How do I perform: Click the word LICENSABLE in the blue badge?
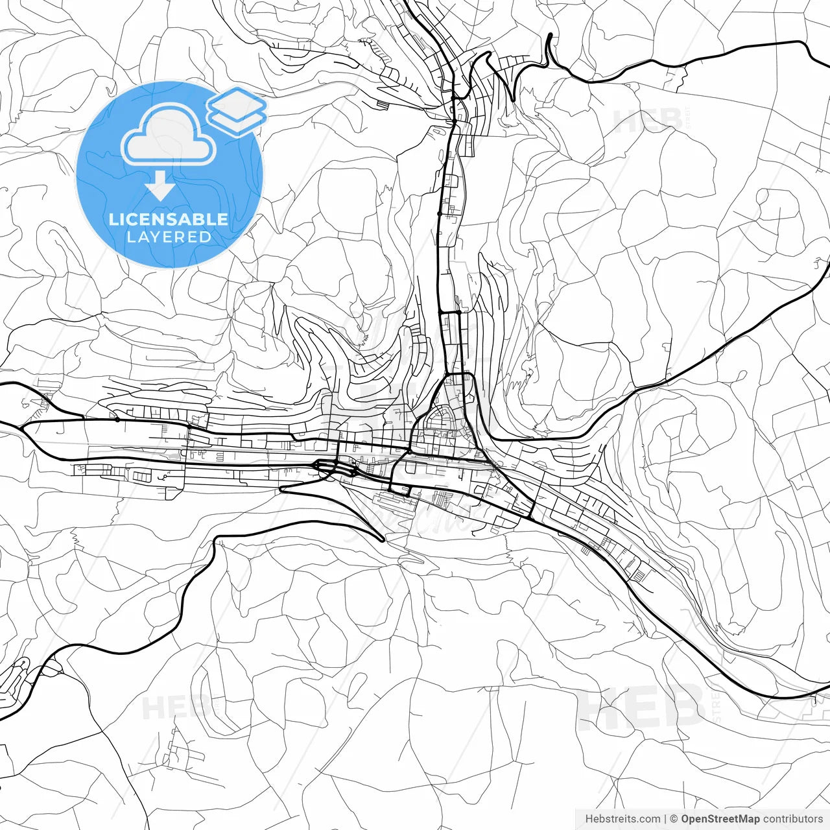point(169,219)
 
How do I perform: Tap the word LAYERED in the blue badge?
point(169,237)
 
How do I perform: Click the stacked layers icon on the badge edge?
point(237,110)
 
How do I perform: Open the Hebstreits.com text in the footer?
point(622,819)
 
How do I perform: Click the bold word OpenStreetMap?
point(720,819)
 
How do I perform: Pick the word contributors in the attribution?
point(793,819)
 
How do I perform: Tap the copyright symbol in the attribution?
point(674,819)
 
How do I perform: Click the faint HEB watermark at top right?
point(648,121)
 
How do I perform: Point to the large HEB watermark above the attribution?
point(642,707)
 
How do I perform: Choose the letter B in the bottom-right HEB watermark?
point(685,707)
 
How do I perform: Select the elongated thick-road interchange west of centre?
point(335,467)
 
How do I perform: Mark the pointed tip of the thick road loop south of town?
point(383,538)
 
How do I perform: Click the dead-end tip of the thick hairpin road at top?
point(550,34)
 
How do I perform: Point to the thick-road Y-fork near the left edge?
point(23,428)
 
